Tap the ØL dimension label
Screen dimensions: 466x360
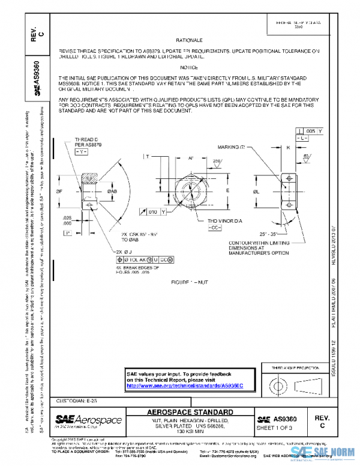(x=256, y=191)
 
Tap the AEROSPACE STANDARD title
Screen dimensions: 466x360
(x=191, y=412)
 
